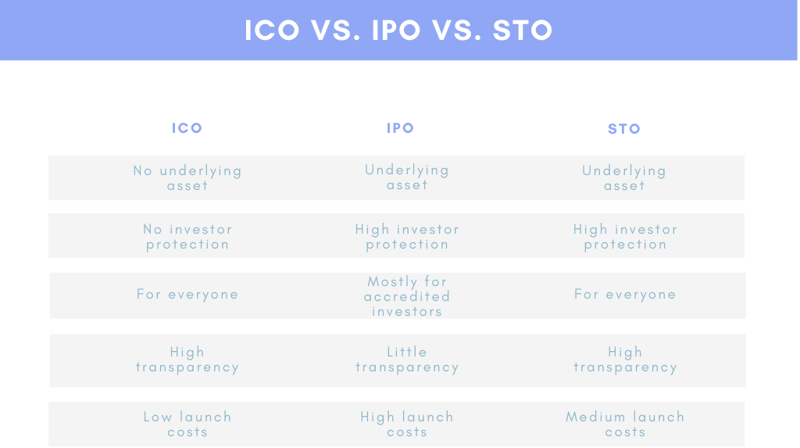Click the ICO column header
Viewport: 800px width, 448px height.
[x=187, y=128]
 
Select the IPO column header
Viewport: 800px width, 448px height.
[x=401, y=128]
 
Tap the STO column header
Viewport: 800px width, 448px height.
[x=624, y=129]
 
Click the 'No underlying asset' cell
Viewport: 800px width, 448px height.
[x=187, y=178]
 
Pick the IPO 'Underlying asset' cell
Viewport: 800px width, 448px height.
[x=407, y=177]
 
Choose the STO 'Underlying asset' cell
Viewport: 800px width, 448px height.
[x=624, y=178]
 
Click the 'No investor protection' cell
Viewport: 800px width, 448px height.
[x=187, y=236]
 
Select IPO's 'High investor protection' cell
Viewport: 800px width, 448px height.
[x=407, y=236]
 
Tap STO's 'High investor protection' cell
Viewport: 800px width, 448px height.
[x=625, y=236]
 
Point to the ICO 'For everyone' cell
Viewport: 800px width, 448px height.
[x=187, y=295]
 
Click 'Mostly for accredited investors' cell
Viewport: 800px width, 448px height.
[x=407, y=296]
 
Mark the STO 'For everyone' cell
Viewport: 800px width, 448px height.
[x=625, y=295]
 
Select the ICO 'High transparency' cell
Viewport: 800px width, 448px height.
[x=187, y=360]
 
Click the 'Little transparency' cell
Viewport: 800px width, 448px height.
[x=407, y=360]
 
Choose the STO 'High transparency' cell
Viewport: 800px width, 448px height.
[x=625, y=360]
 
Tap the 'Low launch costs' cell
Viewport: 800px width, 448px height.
[x=187, y=425]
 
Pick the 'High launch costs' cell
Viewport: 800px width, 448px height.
[x=407, y=425]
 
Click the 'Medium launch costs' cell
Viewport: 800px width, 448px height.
[x=625, y=425]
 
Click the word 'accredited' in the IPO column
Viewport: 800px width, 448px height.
[x=407, y=296]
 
